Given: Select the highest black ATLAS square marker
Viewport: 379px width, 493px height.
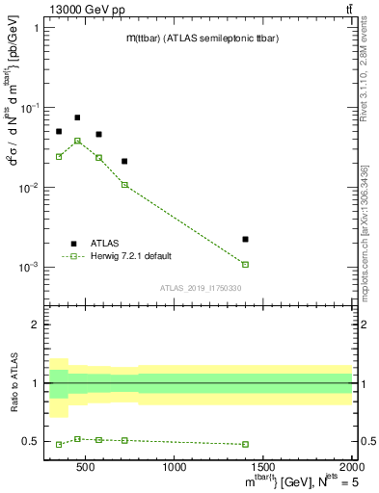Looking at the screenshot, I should click(x=77, y=117).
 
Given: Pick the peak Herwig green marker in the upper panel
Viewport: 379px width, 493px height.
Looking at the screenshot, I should click(x=77, y=141).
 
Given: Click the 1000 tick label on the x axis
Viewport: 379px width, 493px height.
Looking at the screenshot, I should click(x=175, y=467).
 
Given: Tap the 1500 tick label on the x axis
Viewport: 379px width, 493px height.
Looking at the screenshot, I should click(x=263, y=467).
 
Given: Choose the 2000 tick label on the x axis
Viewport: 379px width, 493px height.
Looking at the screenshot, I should click(x=350, y=467).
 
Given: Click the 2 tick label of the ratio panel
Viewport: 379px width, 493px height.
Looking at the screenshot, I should click(x=35, y=324).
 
